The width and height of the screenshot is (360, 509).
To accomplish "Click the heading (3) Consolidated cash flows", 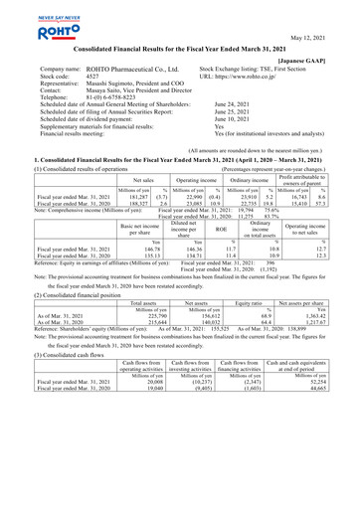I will pos(60,381).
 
